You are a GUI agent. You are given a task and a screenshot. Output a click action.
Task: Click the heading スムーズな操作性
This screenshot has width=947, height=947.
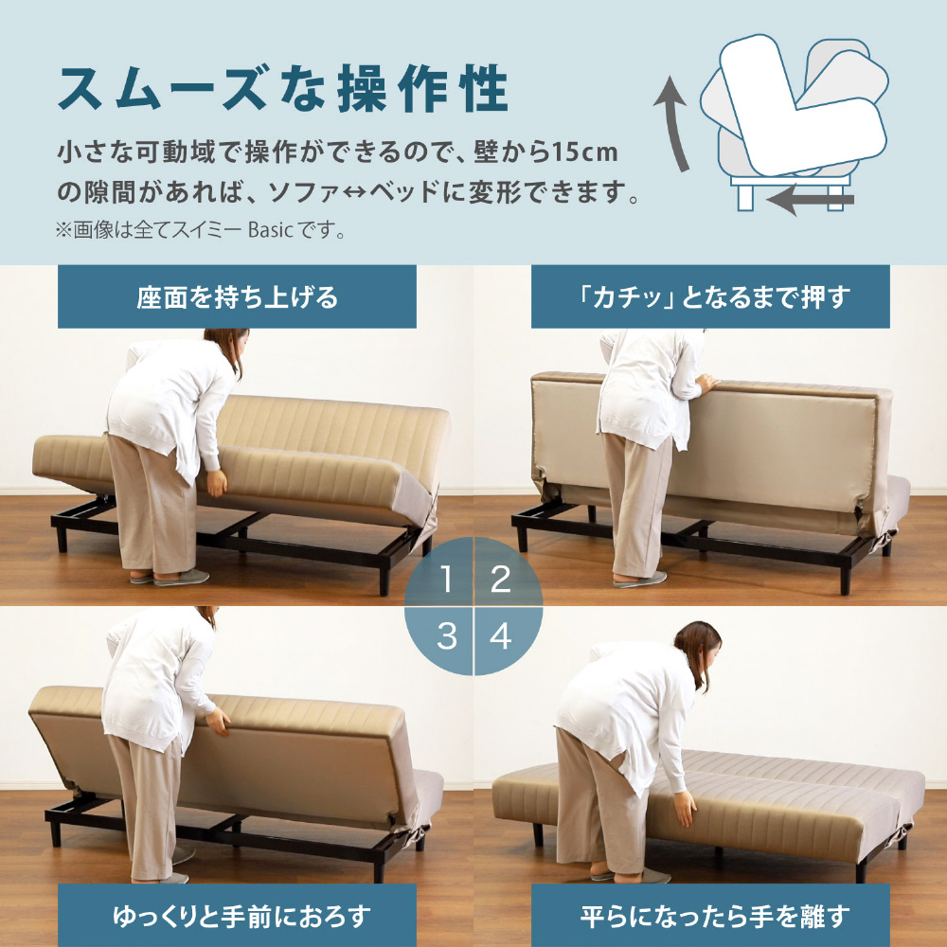click(282, 89)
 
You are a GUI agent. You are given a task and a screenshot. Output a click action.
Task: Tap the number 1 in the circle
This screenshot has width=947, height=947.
click(446, 579)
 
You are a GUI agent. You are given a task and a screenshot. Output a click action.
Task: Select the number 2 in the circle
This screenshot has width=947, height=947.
click(501, 579)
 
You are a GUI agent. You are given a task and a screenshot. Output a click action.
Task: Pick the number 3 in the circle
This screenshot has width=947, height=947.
click(446, 635)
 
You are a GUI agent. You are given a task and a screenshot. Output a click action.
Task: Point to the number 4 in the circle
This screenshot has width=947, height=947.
click(501, 635)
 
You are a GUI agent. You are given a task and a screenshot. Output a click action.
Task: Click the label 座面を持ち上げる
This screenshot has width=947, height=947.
click(237, 297)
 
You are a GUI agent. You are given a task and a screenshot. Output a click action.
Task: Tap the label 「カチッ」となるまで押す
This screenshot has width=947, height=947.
click(710, 297)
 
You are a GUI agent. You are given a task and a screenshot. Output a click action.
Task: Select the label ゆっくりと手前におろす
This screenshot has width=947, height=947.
click(241, 916)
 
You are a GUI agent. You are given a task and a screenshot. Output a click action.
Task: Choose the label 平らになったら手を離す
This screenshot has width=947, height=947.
click(714, 916)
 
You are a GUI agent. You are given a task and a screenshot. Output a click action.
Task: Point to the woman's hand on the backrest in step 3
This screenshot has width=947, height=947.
click(218, 721)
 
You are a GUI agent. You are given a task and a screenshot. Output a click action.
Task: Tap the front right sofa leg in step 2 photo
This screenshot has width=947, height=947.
click(846, 579)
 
